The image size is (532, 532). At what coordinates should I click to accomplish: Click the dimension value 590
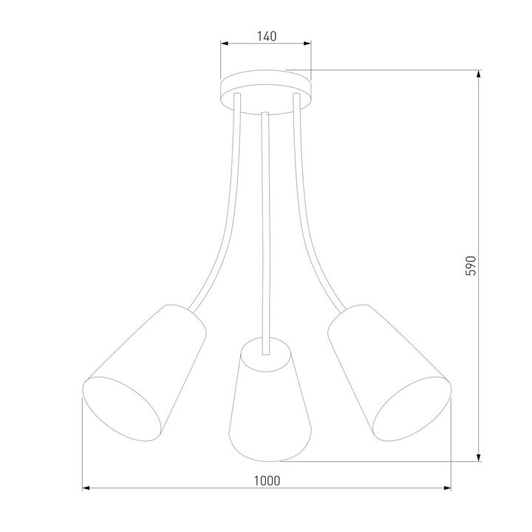pos(478,265)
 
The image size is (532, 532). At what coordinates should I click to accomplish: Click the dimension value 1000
pos(267,480)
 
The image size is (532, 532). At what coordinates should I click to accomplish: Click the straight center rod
pos(266,222)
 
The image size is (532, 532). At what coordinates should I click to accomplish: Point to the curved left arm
pos(222,222)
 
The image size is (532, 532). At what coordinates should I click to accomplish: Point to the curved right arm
pos(310,222)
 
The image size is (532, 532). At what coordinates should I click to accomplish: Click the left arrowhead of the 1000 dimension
pos(85,488)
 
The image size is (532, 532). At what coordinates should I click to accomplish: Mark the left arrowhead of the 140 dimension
pos(224,44)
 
